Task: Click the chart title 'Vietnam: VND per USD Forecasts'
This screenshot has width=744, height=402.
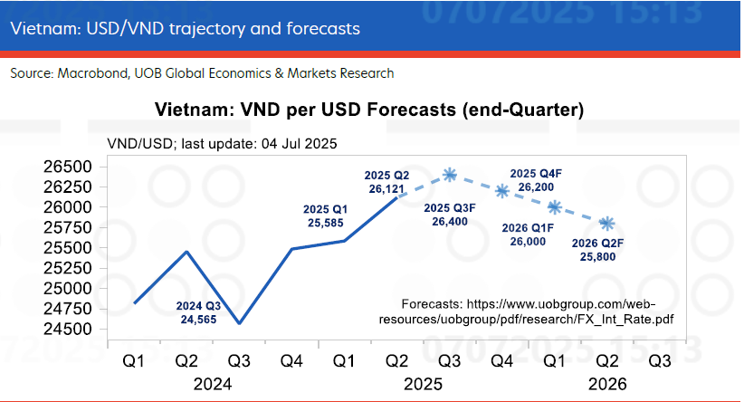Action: (370, 110)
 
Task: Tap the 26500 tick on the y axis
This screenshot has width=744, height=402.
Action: (66, 167)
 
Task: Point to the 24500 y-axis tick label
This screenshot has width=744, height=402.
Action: (66, 329)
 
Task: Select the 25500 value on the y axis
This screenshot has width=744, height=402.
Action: (66, 248)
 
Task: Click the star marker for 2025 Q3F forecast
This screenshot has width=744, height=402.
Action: (450, 174)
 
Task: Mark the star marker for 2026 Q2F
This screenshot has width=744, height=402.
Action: (608, 223)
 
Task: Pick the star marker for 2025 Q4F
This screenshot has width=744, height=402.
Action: (502, 190)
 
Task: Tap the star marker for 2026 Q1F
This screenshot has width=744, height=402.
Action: (555, 207)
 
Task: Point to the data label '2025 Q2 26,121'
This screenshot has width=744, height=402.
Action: (386, 181)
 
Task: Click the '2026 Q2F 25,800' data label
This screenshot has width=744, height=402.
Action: (601, 250)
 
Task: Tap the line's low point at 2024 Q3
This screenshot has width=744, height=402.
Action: (240, 323)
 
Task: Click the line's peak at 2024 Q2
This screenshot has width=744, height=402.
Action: (186, 251)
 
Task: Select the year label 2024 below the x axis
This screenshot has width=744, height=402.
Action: (213, 383)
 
